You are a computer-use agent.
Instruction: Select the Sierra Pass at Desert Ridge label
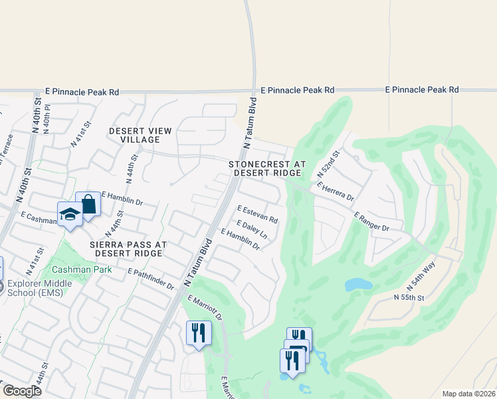(x=129, y=249)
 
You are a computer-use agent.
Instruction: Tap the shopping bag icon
(x=87, y=204)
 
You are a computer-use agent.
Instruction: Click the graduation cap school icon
(x=69, y=214)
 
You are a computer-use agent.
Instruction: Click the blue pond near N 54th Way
(x=358, y=284)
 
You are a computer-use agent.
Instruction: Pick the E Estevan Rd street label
(x=256, y=214)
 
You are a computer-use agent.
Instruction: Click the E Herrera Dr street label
(x=336, y=192)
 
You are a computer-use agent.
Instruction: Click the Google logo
(x=22, y=391)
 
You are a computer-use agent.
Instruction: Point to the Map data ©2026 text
(x=468, y=394)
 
